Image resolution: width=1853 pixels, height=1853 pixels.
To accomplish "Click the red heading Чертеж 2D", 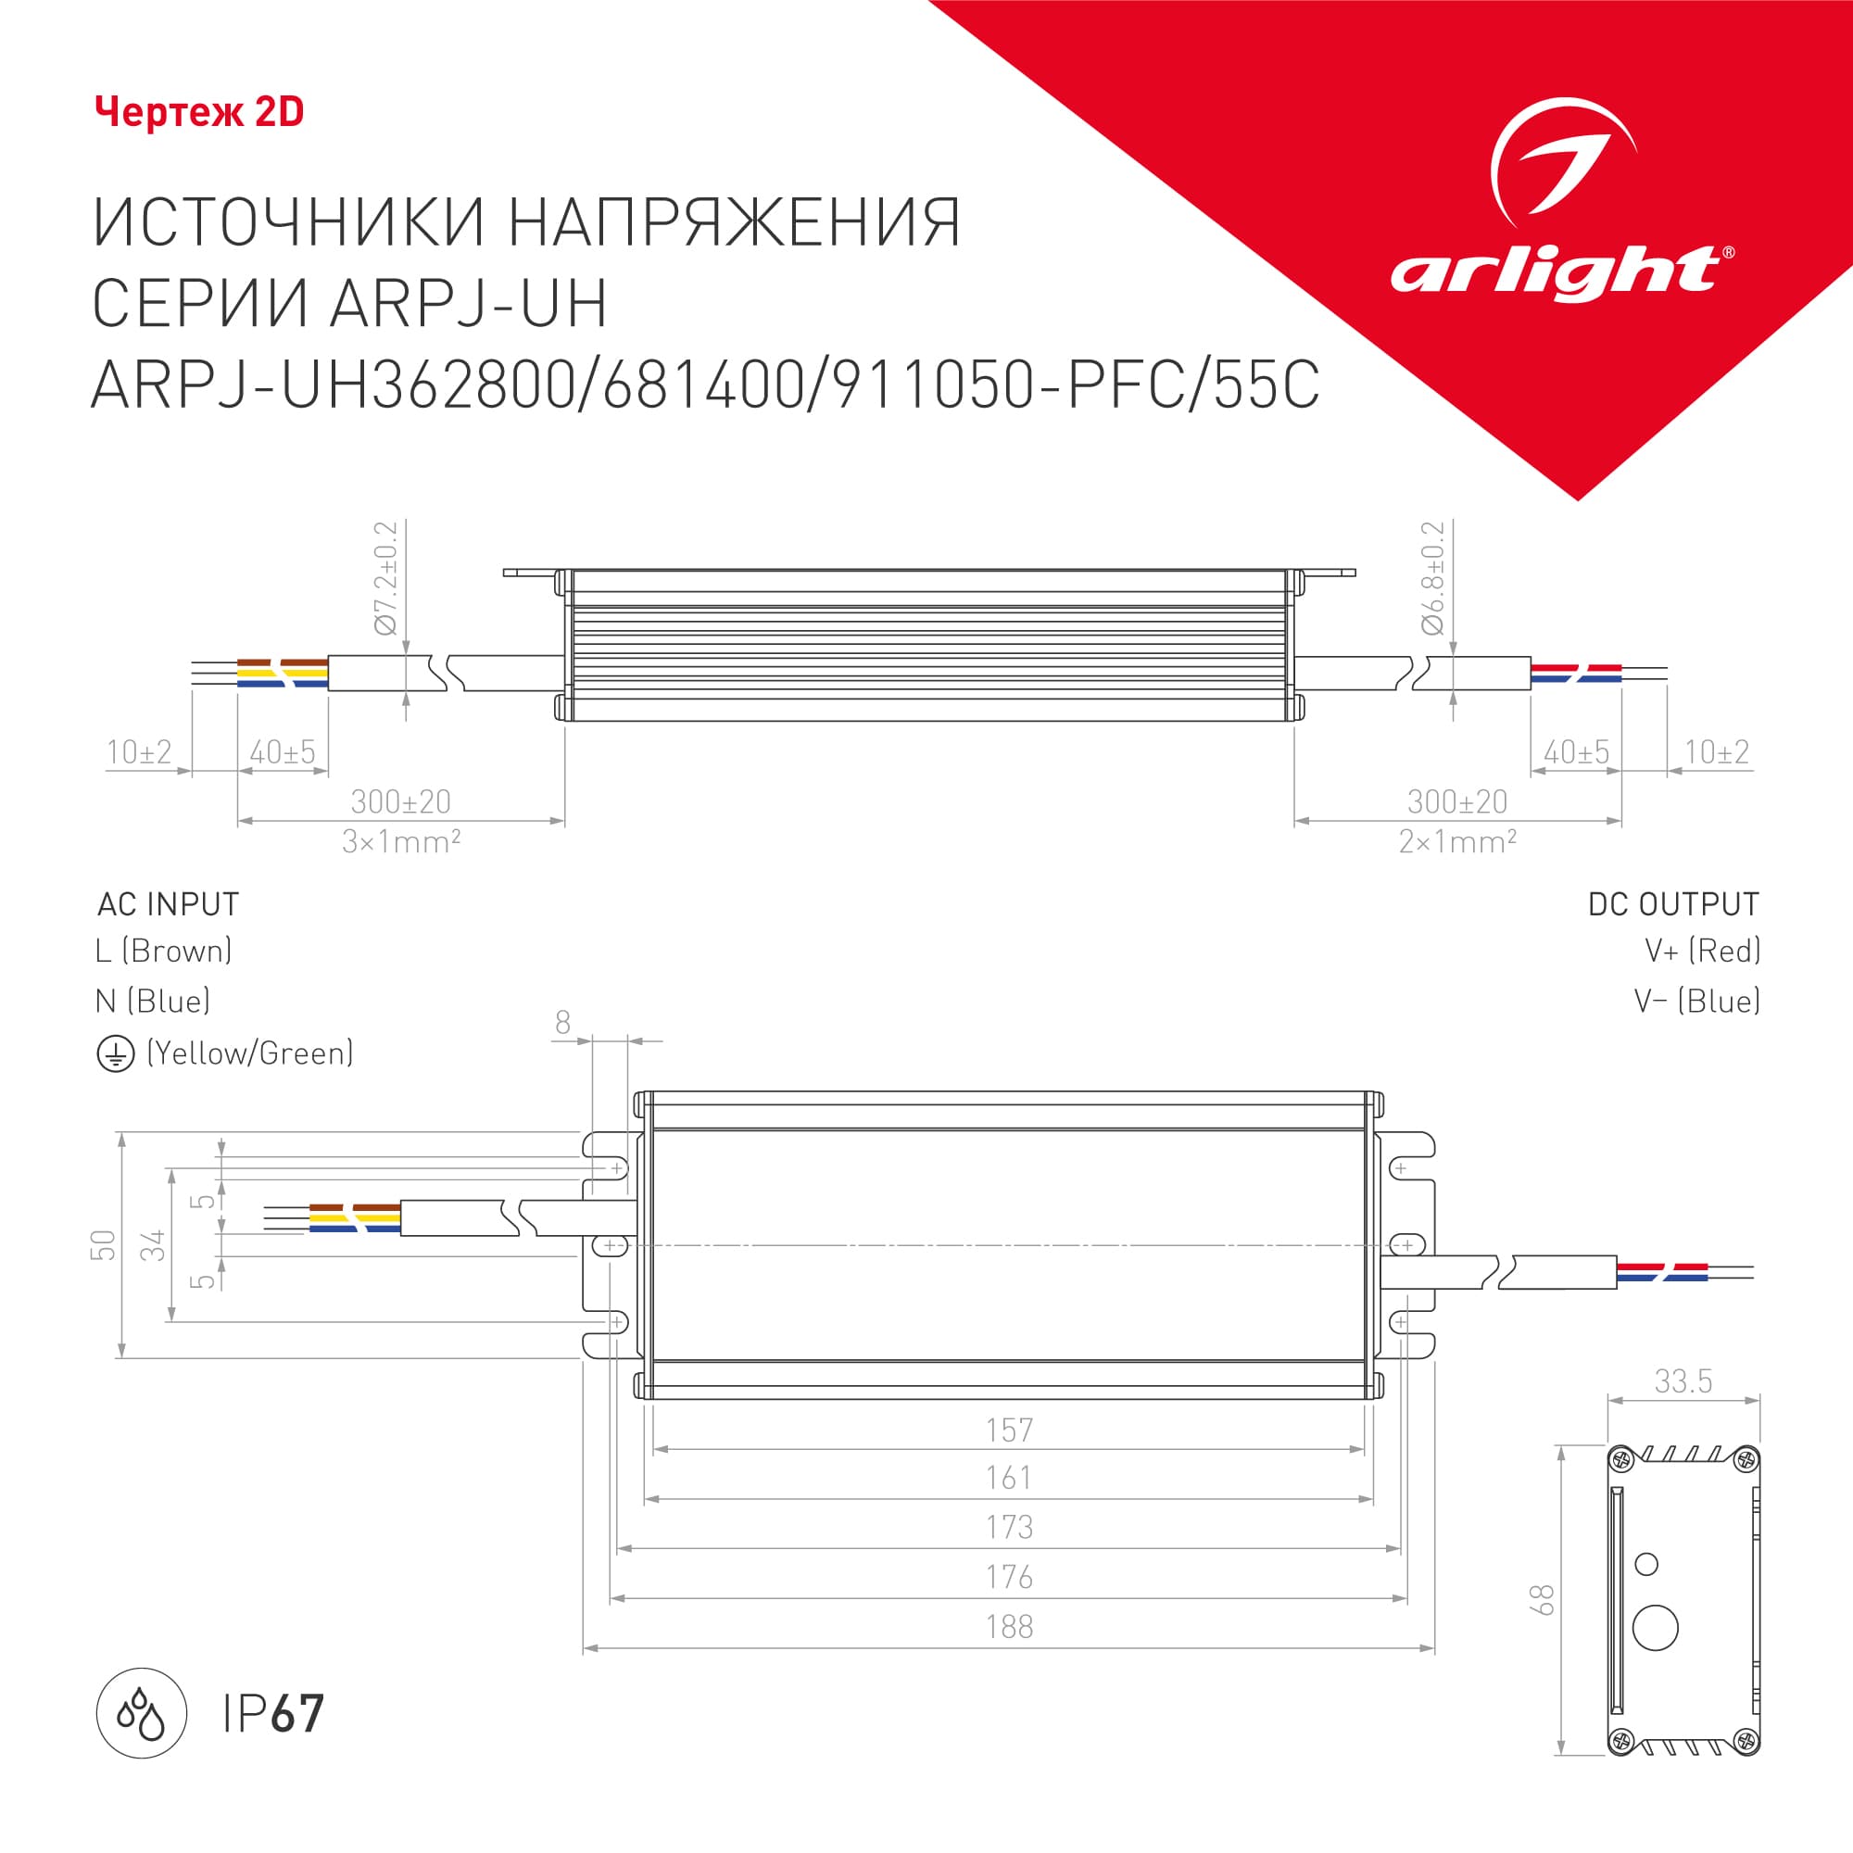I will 199,112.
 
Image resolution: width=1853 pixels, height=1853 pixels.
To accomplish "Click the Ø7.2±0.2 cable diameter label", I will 385,577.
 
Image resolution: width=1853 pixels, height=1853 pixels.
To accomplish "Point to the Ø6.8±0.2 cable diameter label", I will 1433,577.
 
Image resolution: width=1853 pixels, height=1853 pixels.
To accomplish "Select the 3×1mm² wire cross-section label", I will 401,842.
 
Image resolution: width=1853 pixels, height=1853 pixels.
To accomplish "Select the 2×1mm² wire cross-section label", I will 1457,842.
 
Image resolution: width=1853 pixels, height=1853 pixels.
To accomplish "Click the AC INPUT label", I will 168,904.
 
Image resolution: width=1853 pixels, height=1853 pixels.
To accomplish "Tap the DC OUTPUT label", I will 1673,904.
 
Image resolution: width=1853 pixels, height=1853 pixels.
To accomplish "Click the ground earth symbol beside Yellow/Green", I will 115,1055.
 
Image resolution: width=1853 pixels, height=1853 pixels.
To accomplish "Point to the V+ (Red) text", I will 1702,951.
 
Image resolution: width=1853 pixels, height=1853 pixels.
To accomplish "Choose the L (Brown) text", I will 164,951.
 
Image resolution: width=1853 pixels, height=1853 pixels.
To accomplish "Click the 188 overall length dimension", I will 1009,1628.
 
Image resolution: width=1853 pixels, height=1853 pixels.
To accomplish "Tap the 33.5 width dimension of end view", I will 1683,1381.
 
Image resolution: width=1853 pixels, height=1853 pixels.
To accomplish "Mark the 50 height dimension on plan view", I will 103,1245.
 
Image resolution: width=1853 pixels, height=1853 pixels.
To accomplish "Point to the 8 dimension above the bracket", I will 563,1024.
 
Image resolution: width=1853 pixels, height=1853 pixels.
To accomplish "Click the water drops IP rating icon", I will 141,1713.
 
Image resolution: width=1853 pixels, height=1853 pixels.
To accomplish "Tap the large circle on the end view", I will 1656,1628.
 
